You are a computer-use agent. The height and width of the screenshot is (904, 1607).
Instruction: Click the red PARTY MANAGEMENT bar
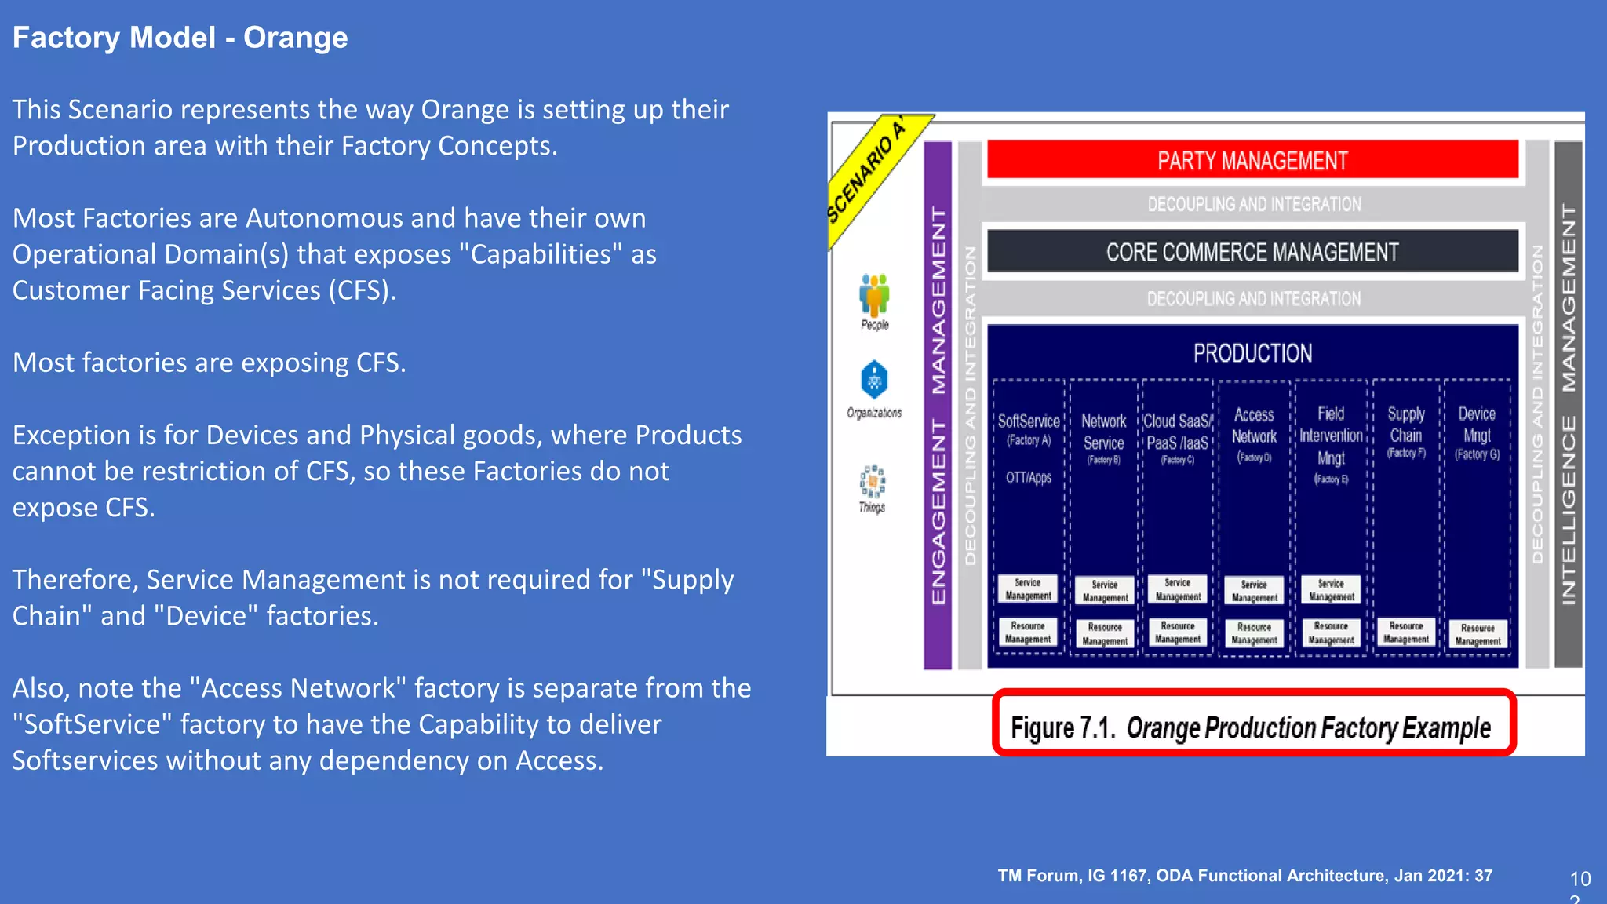(1252, 160)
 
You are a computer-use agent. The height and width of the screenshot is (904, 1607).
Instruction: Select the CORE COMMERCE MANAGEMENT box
(1252, 252)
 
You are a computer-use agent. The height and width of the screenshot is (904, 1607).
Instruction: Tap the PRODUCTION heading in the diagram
(1252, 353)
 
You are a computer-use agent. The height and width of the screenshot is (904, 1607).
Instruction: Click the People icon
(874, 296)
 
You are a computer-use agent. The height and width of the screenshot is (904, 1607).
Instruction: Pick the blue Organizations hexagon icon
(874, 380)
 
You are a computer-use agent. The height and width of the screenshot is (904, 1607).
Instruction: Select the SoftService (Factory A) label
(1028, 429)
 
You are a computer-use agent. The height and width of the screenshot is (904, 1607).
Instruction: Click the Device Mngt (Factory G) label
(1477, 432)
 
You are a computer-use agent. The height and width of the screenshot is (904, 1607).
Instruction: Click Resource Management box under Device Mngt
(1478, 634)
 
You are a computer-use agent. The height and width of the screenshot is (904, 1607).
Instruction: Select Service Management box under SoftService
(1028, 589)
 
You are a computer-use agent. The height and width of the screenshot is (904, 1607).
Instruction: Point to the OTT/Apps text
(1028, 477)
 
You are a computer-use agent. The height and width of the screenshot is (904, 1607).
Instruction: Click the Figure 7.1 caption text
(1251, 727)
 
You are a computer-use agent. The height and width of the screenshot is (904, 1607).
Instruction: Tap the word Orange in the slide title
(295, 38)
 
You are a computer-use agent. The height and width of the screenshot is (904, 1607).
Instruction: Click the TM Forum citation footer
(1244, 876)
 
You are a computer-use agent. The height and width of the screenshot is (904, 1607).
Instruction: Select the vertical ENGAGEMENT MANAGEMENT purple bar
(938, 404)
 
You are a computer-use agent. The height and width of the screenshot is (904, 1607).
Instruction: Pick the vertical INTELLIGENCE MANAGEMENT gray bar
(1568, 404)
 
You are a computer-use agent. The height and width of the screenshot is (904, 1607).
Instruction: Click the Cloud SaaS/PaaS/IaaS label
(1177, 432)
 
